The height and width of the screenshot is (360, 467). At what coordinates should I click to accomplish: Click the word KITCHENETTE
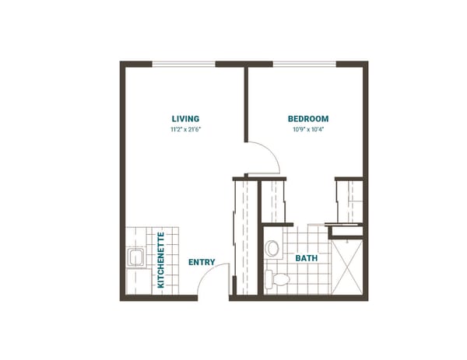pos(161,260)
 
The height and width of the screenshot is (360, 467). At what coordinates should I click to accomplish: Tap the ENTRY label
pos(202,262)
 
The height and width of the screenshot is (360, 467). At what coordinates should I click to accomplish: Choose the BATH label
pos(304,257)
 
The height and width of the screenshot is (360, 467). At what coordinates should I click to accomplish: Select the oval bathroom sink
pos(272,248)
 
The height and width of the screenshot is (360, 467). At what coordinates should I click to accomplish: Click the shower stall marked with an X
pos(346,265)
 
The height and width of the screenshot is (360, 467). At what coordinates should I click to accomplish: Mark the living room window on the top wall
pos(184,64)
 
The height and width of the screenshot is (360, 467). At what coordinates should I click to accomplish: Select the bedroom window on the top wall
pos(304,64)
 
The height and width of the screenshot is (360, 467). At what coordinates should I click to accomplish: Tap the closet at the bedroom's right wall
pos(349,201)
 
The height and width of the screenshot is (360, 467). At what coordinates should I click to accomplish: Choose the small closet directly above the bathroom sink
pos(272,201)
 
